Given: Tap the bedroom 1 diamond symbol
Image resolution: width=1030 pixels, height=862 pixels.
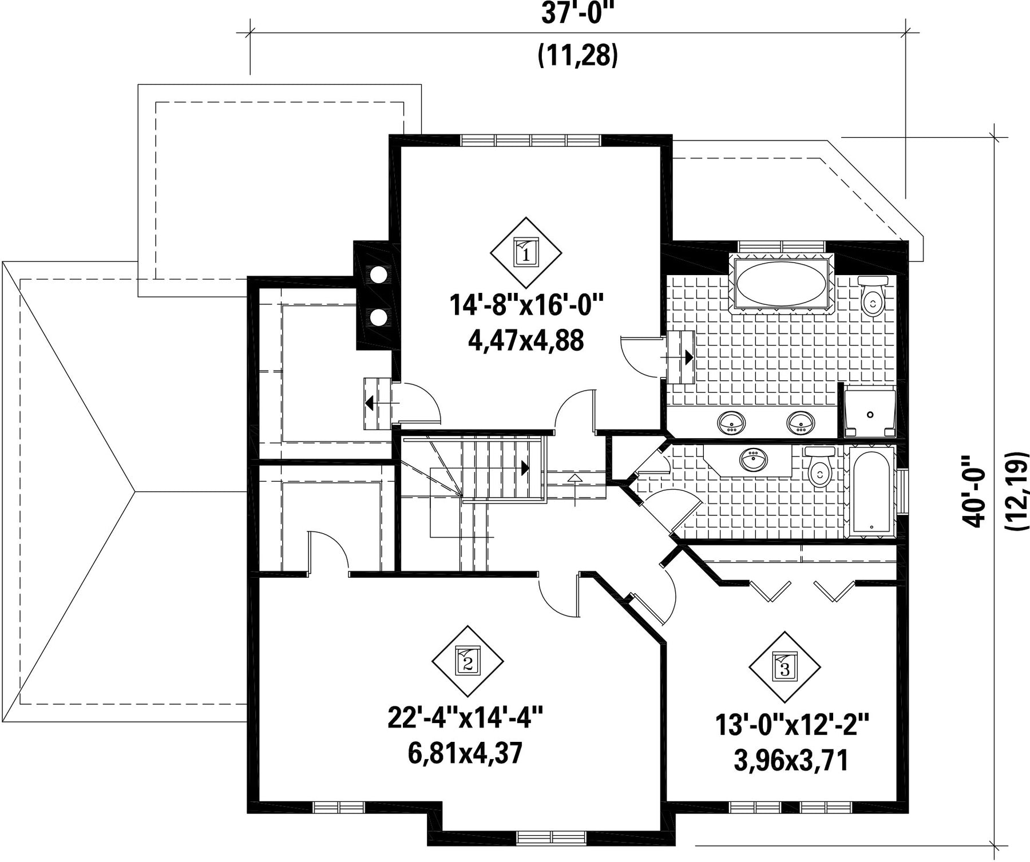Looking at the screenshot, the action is click(x=526, y=252).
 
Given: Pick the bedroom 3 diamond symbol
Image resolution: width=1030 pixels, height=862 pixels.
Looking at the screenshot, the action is click(x=785, y=667).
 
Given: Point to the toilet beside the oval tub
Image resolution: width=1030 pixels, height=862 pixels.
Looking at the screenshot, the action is click(x=873, y=296).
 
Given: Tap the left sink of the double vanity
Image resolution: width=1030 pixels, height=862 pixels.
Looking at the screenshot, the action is click(x=731, y=422).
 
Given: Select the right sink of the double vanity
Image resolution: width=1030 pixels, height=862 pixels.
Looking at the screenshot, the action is click(x=801, y=422).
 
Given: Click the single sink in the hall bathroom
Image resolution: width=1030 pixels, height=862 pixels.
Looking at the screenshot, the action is click(x=754, y=459).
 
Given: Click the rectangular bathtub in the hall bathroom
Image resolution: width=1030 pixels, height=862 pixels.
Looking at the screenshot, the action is click(x=870, y=492).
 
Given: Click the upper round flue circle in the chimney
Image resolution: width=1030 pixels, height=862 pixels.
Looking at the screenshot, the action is click(x=378, y=274).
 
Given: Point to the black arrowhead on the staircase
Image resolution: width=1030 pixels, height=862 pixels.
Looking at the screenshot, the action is click(x=525, y=468).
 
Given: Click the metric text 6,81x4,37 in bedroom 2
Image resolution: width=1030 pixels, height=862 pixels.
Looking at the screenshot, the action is click(x=465, y=753).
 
